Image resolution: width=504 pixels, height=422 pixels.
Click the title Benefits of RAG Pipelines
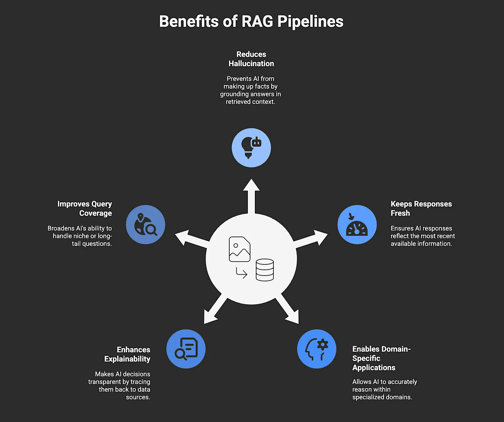[x=251, y=21]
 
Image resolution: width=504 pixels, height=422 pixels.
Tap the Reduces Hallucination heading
[x=251, y=59]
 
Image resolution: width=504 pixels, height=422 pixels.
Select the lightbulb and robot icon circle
[x=251, y=148]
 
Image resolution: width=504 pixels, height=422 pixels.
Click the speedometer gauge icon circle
[x=357, y=224]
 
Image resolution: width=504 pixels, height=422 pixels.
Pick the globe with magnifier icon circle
[x=146, y=224]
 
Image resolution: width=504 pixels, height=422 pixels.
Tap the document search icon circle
[x=186, y=349]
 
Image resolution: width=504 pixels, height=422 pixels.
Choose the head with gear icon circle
[x=317, y=349]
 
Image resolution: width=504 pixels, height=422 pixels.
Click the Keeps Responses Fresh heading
[x=421, y=208]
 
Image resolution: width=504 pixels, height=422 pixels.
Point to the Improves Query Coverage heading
[x=85, y=208]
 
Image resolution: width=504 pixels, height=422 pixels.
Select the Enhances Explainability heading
[x=128, y=354]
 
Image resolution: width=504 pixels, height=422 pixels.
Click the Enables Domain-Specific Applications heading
[x=381, y=358]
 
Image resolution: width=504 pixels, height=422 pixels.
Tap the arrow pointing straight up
[x=251, y=195]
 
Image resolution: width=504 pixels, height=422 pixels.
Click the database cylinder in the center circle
[x=265, y=270]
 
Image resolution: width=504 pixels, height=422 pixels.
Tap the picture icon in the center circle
[x=240, y=249]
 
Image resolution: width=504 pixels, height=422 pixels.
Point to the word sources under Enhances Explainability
[x=138, y=397]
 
